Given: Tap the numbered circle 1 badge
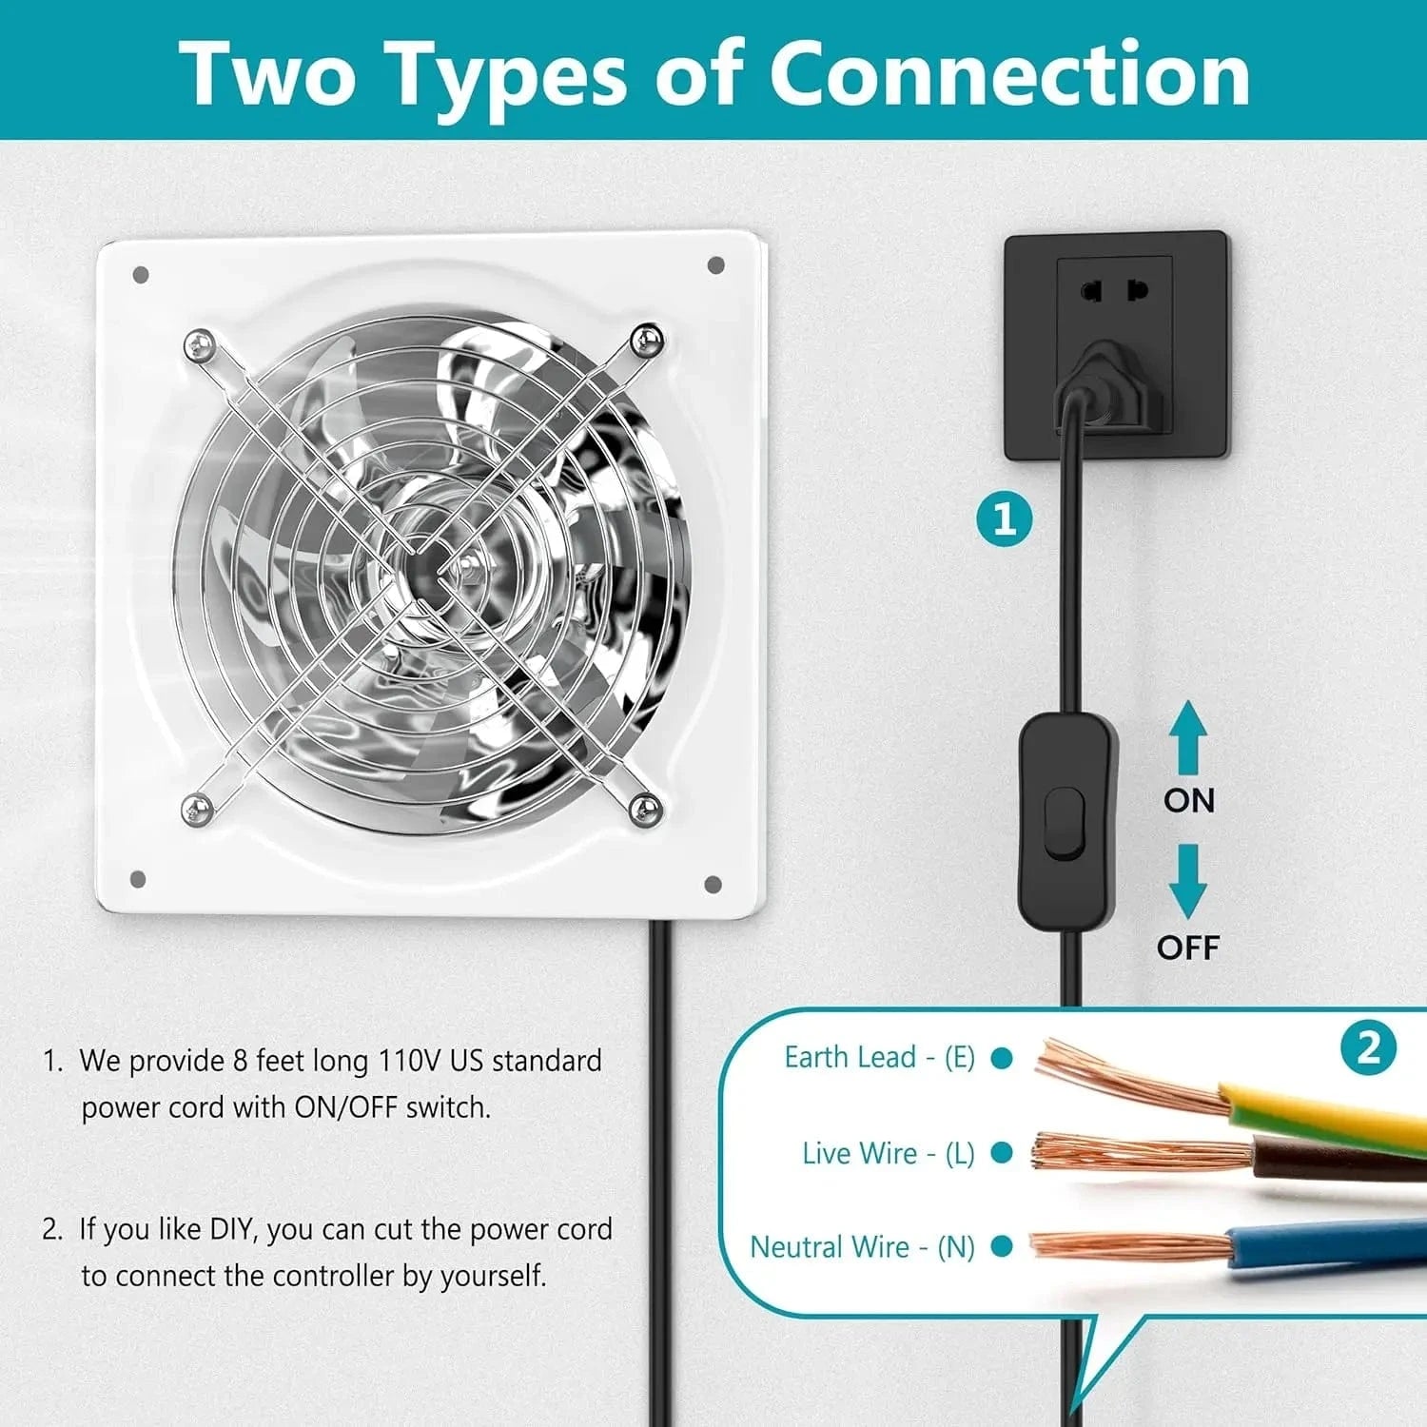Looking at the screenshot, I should coord(1005,519).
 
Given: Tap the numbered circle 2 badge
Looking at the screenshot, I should coord(1368,1048).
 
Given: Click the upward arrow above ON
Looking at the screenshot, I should coord(1188,737).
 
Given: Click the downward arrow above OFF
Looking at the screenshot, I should coord(1188,881).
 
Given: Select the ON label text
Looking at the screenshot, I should coord(1189,800).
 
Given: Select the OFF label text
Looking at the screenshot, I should coord(1187,948).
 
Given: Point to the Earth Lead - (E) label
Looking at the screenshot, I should coord(879,1057).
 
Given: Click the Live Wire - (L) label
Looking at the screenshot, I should coord(888,1153).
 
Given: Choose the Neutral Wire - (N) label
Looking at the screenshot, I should coord(862,1247).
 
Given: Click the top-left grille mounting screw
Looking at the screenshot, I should coord(199,343).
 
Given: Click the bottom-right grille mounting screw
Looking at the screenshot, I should coord(646,810).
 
